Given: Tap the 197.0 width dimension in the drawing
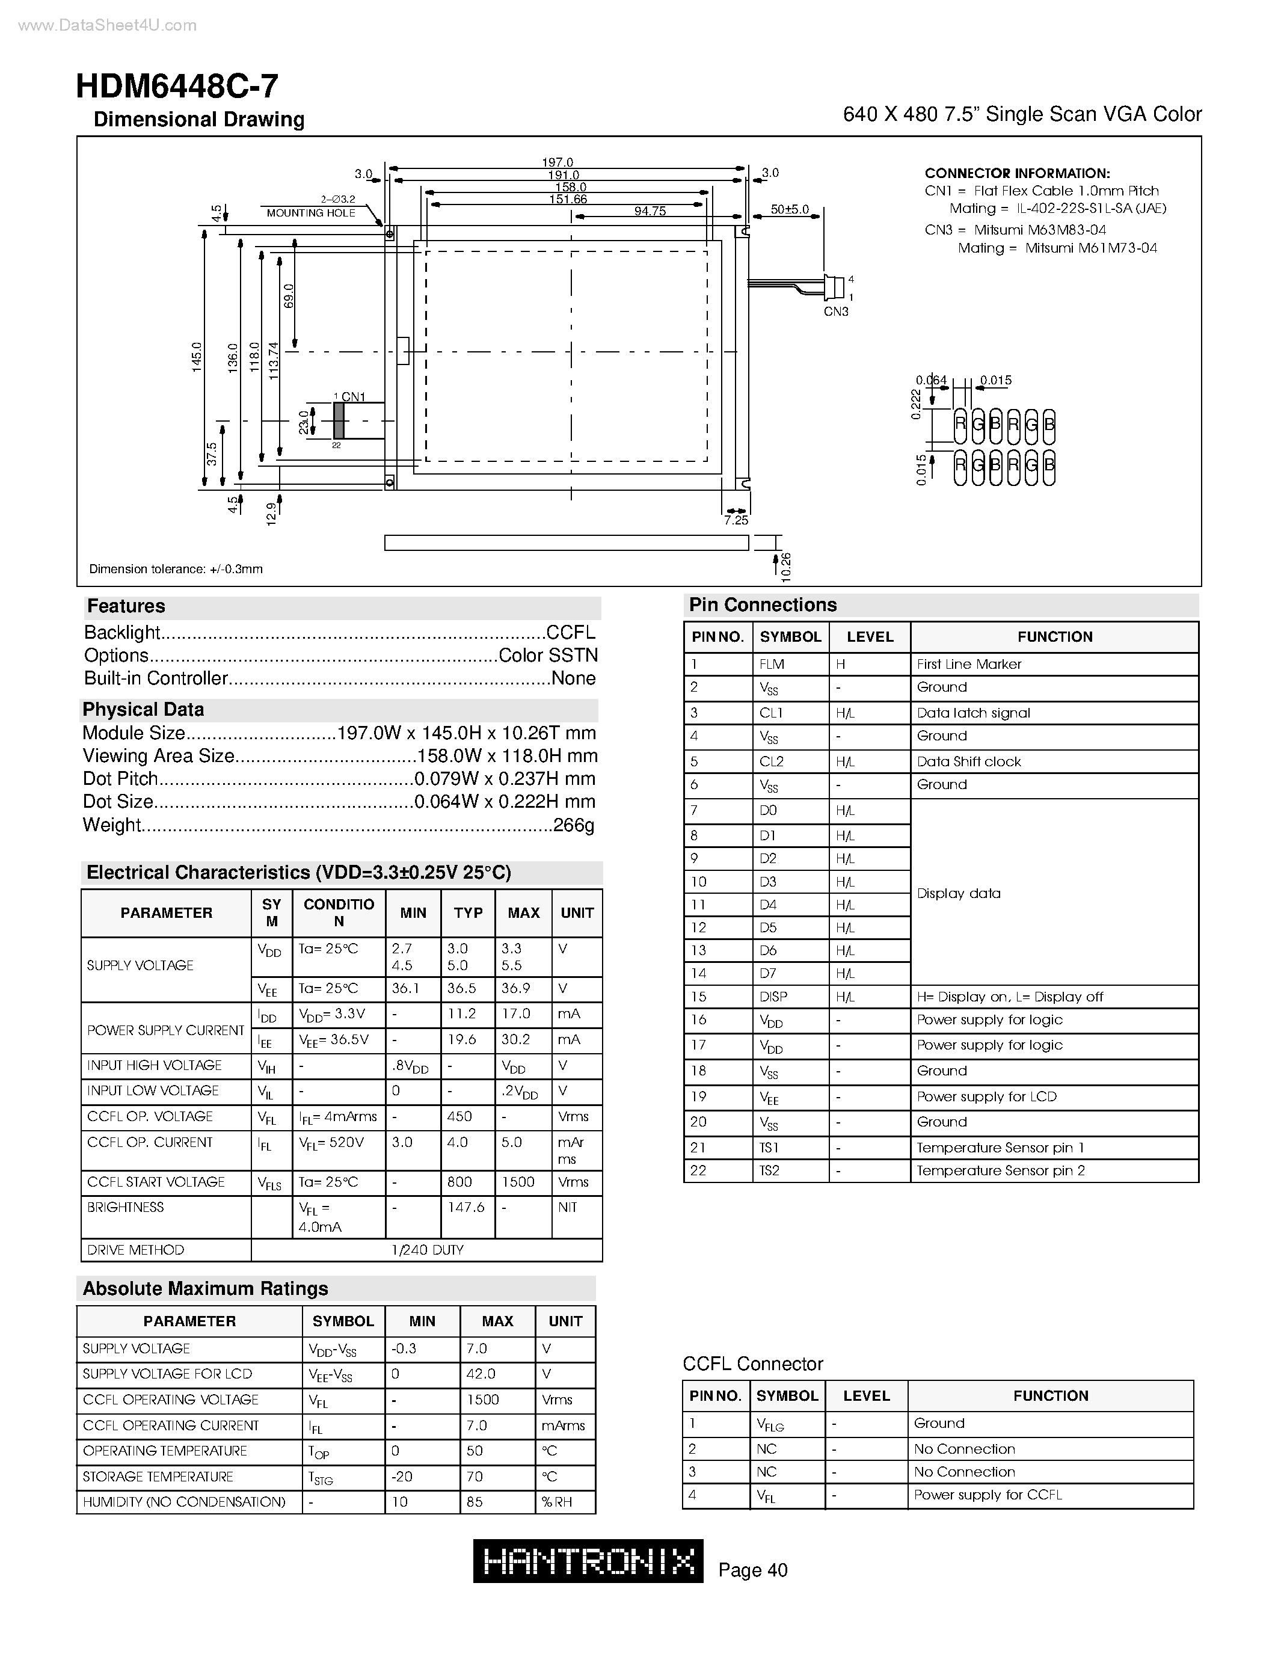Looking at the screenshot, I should point(558,162).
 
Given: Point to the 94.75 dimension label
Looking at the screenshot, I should point(650,211).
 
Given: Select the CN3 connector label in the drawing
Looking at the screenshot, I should point(836,312).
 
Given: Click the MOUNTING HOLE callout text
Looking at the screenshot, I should point(310,213).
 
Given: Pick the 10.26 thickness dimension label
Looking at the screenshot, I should point(786,567).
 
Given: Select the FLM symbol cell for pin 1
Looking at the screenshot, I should point(772,664).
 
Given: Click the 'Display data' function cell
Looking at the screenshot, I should point(959,894).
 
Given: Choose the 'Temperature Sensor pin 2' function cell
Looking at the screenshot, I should point(1000,1170).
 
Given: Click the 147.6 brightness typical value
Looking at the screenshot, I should point(465,1207).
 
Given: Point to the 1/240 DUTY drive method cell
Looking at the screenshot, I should point(427,1250).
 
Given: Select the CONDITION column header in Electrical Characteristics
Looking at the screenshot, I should point(339,912).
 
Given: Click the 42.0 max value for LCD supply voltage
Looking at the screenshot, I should point(481,1374).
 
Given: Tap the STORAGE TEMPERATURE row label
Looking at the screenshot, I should point(158,1476).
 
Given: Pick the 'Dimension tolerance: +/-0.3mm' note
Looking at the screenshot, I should point(176,569).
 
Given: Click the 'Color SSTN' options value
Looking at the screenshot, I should point(547,655).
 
